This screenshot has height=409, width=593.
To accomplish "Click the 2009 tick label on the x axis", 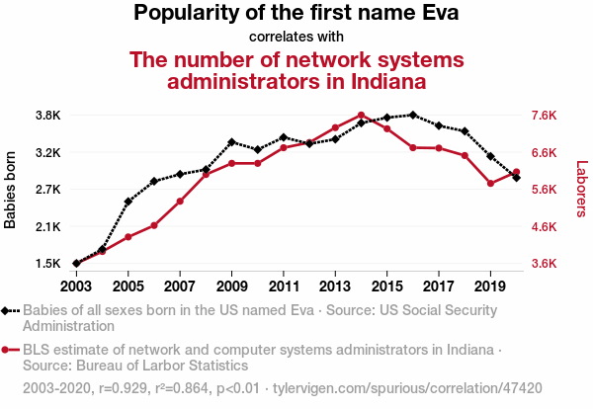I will point(231,286).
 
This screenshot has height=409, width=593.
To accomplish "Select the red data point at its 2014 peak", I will point(361,115).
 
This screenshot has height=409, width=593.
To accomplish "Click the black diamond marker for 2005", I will point(128,202).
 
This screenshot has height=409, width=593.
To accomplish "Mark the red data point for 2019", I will point(490,183).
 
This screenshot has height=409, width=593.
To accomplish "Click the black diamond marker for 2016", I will point(413,116).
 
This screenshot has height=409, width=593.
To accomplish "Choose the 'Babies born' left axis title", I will point(11,190).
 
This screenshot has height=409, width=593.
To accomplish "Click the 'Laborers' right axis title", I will point(581,190).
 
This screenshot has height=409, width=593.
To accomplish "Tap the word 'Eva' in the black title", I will point(439,14).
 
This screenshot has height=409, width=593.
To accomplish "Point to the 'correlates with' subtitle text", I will point(296,38).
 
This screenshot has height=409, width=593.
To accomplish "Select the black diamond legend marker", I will point(7,310).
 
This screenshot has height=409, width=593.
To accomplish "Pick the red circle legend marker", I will point(7,350).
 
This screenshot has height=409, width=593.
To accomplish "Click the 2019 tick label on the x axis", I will point(490,286).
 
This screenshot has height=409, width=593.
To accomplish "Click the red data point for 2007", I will point(180,202).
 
